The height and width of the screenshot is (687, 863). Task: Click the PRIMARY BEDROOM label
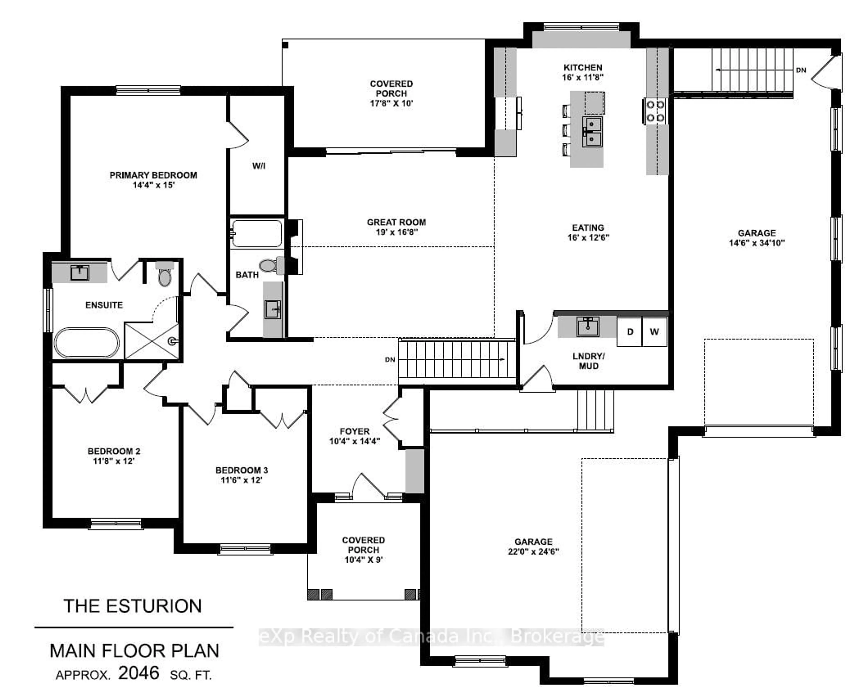click(x=153, y=175)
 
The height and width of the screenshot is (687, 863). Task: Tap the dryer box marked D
click(x=630, y=332)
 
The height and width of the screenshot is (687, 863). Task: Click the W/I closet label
click(x=259, y=165)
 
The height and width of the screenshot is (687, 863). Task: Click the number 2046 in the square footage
click(x=138, y=673)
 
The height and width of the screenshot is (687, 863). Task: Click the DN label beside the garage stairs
click(x=801, y=70)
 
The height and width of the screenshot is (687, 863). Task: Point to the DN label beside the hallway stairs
click(x=390, y=359)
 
